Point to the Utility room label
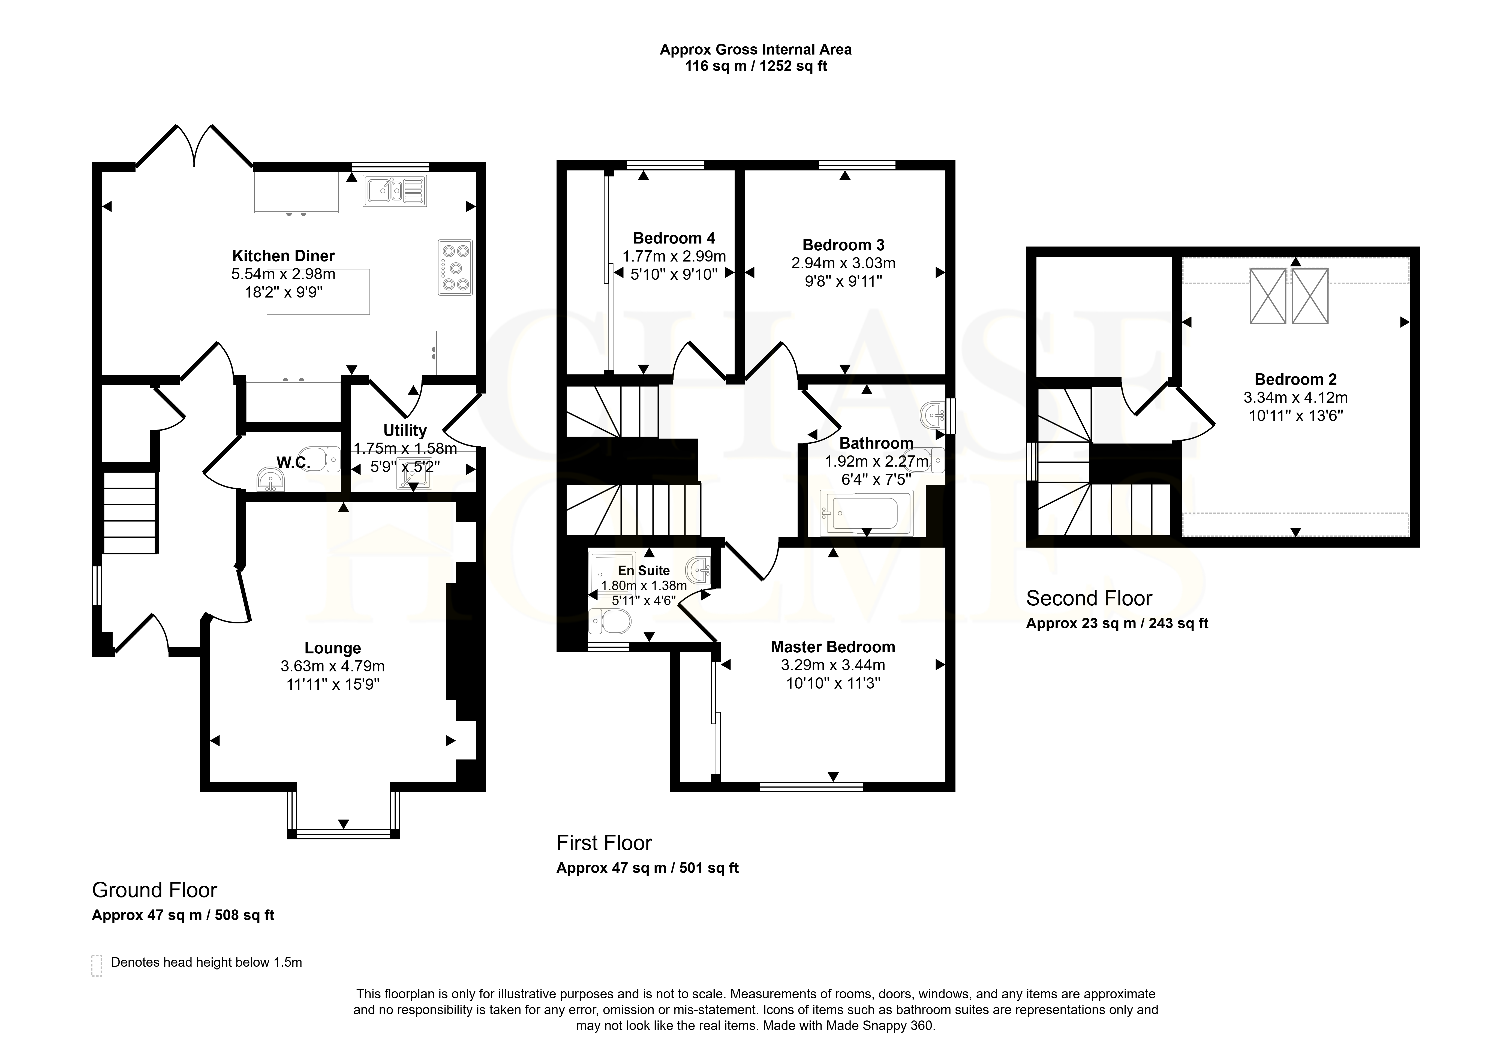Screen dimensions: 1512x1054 [405, 430]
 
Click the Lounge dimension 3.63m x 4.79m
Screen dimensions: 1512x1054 [333, 666]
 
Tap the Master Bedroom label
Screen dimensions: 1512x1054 [833, 647]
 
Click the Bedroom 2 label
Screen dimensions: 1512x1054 [1295, 379]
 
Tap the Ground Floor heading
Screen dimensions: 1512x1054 [154, 890]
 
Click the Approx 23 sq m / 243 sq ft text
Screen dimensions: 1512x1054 [1117, 623]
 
